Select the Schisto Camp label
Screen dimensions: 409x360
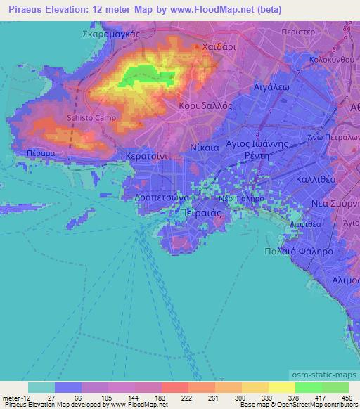point(86,119)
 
